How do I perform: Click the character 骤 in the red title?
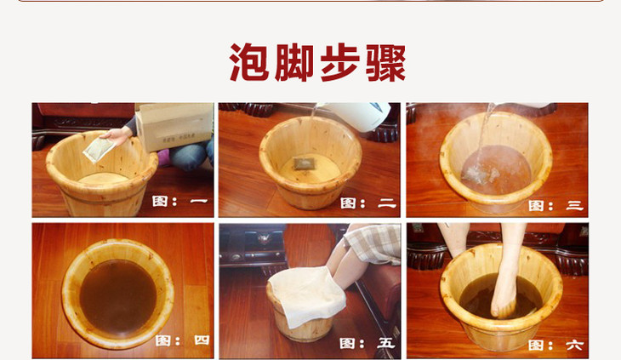[385, 63]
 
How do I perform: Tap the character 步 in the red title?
[339, 63]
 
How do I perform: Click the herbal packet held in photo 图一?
[98, 149]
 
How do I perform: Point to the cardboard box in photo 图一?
[174, 126]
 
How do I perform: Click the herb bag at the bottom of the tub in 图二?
[304, 163]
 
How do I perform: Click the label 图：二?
[368, 203]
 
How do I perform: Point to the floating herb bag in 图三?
[478, 174]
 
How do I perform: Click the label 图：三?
[555, 206]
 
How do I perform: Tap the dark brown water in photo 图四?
[118, 296]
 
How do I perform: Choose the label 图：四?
[182, 340]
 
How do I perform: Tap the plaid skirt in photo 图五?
[373, 243]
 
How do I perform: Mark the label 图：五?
[367, 343]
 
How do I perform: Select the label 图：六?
[555, 345]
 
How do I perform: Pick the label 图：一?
[180, 201]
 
